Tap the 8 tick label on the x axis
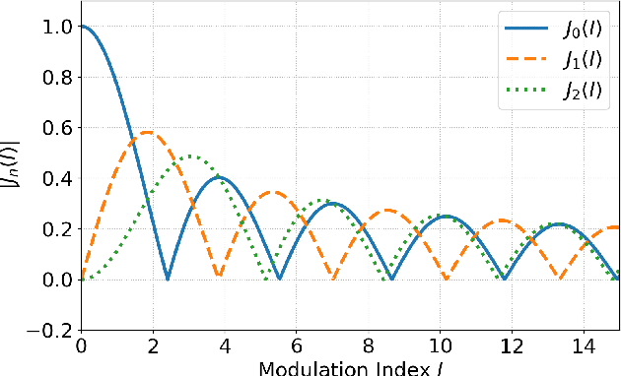coord(367,347)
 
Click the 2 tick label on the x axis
coord(152,347)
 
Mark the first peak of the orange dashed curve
coord(147,132)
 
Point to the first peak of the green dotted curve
coord(190,157)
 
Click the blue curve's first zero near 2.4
coord(167,279)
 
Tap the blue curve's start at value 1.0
coord(82,27)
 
